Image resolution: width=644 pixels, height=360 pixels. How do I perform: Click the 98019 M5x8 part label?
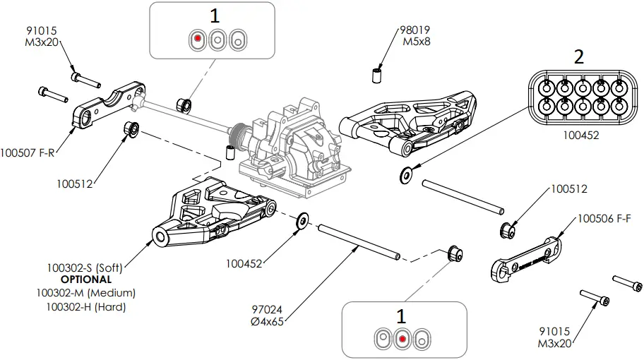pos(415,35)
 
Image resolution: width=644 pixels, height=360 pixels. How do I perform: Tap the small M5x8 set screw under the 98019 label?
pos(378,75)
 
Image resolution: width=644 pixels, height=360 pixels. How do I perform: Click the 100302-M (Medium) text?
pos(90,293)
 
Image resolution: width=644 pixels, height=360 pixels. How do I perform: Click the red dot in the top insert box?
pos(198,39)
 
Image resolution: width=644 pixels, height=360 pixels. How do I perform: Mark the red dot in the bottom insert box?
pos(402,339)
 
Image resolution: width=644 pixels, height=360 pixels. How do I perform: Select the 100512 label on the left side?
pos(75,184)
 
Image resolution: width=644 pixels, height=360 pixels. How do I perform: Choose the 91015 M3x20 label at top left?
pos(41,37)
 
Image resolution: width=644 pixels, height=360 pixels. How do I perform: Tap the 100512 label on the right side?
pos(569,189)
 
